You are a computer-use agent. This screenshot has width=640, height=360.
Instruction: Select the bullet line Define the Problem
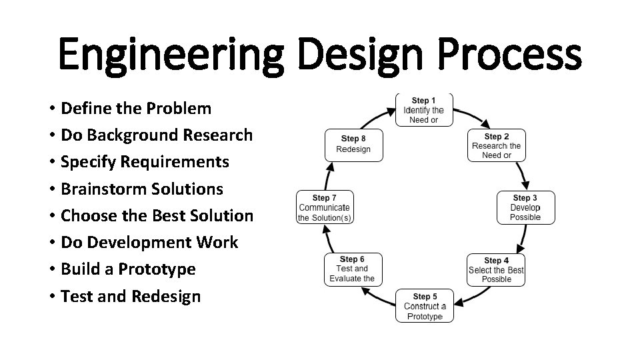135,108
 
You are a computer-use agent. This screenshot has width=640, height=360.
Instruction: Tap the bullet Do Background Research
156,135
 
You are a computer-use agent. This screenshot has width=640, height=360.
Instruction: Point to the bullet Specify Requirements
145,162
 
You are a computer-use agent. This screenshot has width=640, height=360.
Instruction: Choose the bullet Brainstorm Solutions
141,189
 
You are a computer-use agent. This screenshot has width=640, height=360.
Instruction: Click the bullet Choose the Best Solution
157,215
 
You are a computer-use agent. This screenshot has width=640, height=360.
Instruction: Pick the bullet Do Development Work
149,242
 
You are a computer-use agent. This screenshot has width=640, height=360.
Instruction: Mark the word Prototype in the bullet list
157,269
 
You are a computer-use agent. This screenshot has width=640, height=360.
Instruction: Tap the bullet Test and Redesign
130,296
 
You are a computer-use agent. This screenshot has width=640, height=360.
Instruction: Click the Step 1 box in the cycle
424,110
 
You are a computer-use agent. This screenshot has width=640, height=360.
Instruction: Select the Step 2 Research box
496,145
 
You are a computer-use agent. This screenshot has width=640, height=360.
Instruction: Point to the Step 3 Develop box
525,207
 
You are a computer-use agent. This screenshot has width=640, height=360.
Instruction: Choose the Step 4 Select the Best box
496,269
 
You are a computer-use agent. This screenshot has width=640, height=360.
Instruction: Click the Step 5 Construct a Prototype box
425,306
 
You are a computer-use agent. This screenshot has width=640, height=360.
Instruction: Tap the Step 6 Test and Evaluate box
352,269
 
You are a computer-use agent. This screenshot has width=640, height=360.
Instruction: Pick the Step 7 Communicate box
325,207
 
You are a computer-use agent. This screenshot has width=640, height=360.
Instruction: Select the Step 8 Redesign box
353,144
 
